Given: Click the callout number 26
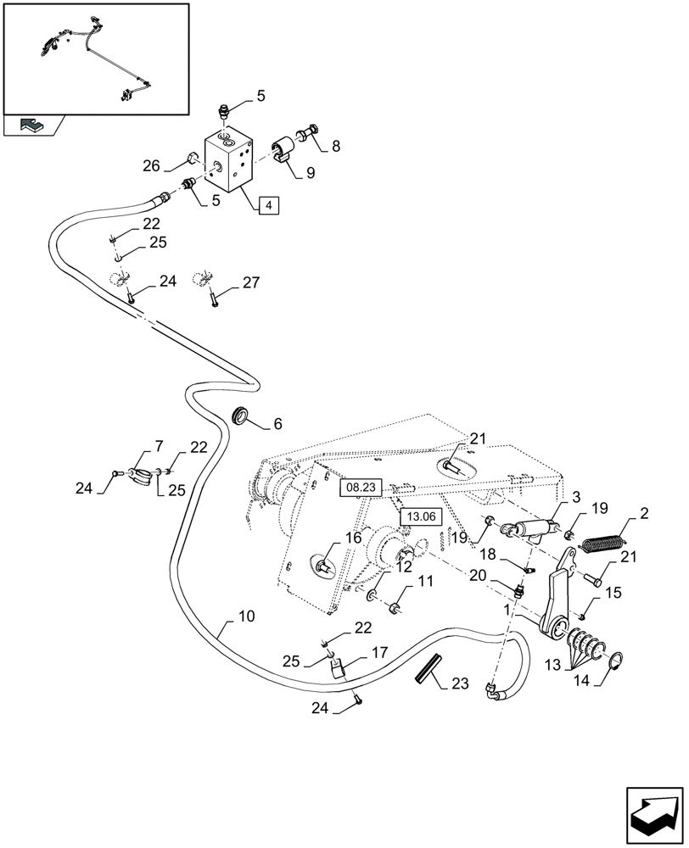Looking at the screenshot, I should [152, 166].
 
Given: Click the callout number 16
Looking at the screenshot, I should [351, 537].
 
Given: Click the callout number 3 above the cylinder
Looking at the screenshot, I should [575, 497].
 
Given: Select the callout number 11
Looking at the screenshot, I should [424, 582].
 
